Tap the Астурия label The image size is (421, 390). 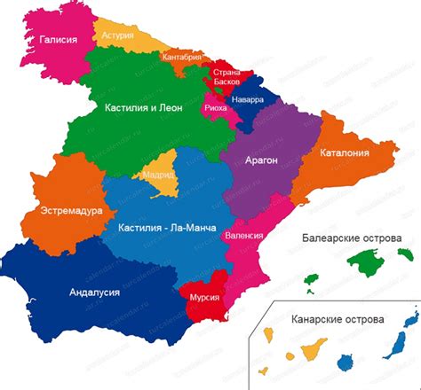(117, 36)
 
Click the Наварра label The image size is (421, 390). (247, 99)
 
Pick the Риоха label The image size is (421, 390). (215, 107)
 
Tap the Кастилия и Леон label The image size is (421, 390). (144, 107)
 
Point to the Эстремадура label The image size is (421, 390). (71, 211)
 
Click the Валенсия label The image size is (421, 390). (244, 237)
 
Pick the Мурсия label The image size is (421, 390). (203, 298)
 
